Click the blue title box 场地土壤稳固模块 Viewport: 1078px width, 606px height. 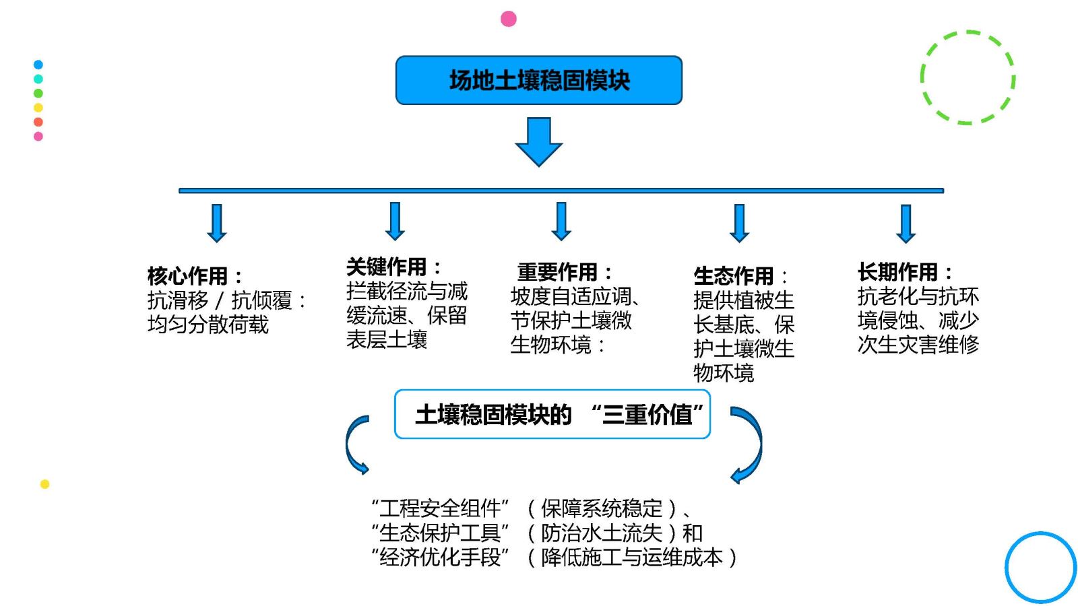[538, 80]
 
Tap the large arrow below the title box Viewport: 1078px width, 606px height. [538, 141]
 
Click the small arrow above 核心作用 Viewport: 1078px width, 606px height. [217, 222]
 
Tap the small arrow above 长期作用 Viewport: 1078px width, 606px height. [906, 224]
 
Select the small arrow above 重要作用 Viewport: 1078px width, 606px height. [561, 221]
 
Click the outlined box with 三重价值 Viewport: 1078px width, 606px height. [552, 414]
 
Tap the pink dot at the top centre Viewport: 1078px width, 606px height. [509, 19]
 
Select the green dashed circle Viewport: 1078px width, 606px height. [968, 77]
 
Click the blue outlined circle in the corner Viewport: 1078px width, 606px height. [1040, 567]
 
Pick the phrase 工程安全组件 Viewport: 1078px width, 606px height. [440, 508]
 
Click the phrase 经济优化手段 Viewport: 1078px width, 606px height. [440, 557]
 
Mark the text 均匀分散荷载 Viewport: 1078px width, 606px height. [208, 325]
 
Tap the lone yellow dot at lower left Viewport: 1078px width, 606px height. [45, 484]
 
